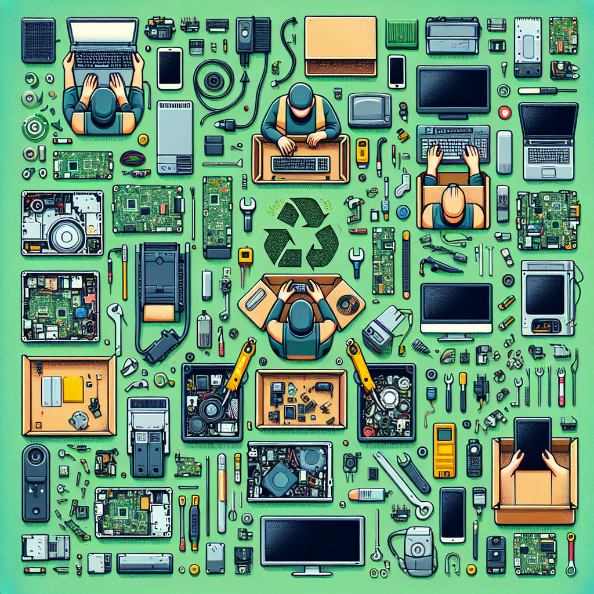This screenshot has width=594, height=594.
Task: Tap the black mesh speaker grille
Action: pyautogui.click(x=38, y=40)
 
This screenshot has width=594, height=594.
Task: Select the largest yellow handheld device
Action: pyautogui.click(x=444, y=450)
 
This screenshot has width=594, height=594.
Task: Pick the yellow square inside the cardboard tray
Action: pyautogui.click(x=73, y=389)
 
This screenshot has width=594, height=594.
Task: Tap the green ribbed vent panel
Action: pyautogui.click(x=401, y=33)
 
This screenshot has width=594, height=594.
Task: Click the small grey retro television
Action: pyautogui.click(x=370, y=109)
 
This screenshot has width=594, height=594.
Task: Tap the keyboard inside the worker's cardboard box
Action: pyautogui.click(x=301, y=164)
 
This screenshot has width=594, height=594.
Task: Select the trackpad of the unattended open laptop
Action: pyautogui.click(x=548, y=170)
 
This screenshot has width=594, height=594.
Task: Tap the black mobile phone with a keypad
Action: pyautogui.click(x=474, y=457)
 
